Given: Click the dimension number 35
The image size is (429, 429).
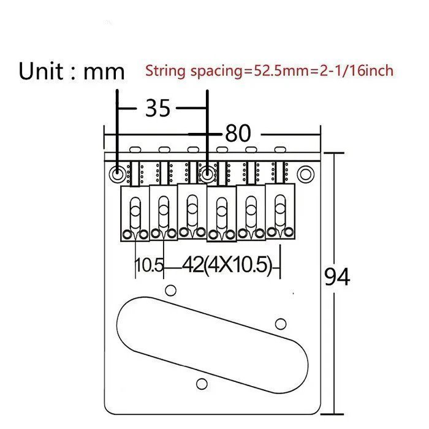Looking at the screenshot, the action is pos(158,108).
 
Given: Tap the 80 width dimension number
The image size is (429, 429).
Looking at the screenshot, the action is pos(238,134).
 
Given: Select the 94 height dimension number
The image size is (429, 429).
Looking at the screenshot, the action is pos(337,277).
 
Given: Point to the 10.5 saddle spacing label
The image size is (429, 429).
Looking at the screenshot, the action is pos(150,265).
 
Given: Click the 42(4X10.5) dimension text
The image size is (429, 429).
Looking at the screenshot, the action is pos(227,265).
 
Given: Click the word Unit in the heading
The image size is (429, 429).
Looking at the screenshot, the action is pos(41,72).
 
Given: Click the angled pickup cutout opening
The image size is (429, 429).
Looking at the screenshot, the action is pos(212,345).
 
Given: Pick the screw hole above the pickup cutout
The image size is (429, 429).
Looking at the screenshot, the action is pos(171,290).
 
